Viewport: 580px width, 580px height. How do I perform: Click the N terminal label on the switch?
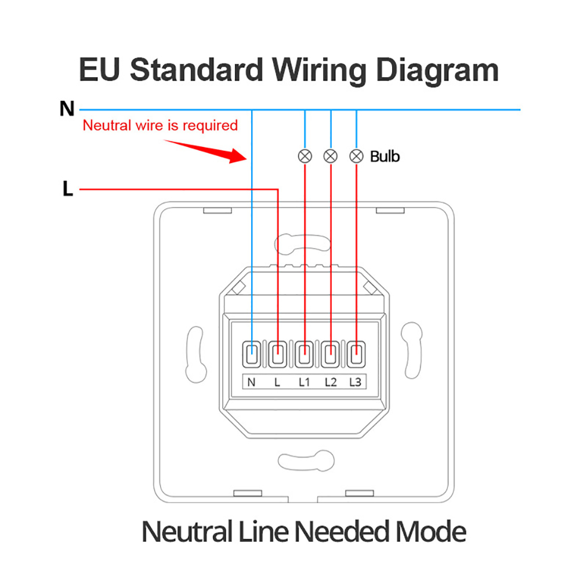point(252,382)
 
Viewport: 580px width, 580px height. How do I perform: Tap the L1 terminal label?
point(304,382)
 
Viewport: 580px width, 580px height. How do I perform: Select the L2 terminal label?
point(331,382)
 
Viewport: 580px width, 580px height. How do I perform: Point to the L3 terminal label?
point(356,382)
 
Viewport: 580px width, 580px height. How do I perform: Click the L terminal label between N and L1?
point(278,382)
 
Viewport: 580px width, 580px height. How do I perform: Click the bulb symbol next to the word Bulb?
point(356,156)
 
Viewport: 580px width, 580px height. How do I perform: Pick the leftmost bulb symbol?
point(305,156)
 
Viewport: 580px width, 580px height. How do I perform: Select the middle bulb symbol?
point(331,156)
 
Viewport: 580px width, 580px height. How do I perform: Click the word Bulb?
point(385,156)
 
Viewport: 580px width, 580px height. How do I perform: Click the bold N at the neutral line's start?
point(67,108)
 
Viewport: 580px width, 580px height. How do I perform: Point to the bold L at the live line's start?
point(68,189)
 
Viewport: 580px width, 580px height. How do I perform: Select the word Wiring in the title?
point(320,70)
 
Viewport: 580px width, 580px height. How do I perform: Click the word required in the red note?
point(211,125)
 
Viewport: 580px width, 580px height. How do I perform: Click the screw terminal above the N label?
point(252,354)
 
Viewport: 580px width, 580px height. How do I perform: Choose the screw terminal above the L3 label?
point(356,354)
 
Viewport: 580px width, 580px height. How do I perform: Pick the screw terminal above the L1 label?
point(304,354)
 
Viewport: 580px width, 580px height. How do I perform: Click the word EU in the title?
point(100,70)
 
